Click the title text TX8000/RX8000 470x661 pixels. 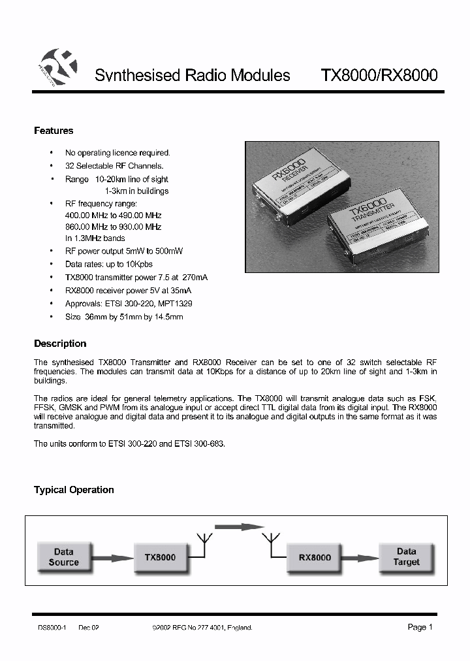(379, 75)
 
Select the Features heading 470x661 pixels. (54, 131)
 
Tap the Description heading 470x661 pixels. (60, 344)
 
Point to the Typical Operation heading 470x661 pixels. (74, 490)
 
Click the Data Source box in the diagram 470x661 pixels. (63, 557)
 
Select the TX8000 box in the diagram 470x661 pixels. (160, 558)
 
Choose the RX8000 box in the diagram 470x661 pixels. (315, 558)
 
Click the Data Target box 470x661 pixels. (406, 557)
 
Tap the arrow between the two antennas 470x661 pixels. (238, 526)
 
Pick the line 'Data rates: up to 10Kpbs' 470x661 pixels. (108, 265)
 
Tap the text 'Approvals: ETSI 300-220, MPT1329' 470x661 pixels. (129, 304)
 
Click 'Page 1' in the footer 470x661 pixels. (420, 627)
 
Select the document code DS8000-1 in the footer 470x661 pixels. (50, 628)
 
